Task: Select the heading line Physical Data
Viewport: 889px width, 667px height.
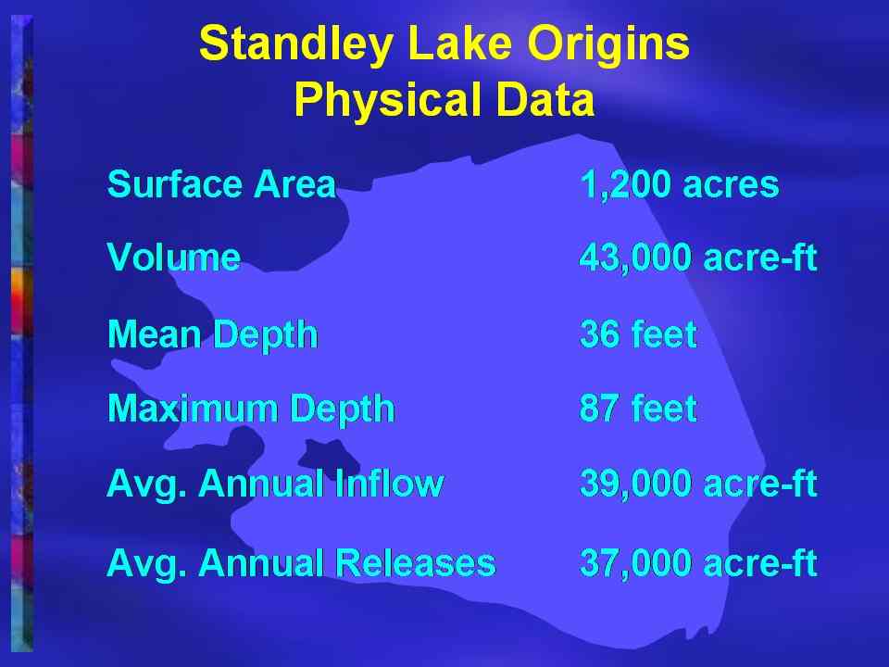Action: pos(444,99)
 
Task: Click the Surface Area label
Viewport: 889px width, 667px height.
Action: pos(221,184)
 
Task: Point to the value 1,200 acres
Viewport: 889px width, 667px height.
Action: pos(679,184)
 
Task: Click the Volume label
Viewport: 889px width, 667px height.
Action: pos(173,257)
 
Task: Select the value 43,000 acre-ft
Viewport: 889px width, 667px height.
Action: pos(698,257)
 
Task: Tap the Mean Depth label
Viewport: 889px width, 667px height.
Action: pos(213,334)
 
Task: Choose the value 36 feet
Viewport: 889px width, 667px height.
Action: pos(638,333)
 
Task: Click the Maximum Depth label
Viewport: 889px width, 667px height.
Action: pos(251,409)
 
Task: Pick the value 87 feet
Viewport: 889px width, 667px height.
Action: pos(638,408)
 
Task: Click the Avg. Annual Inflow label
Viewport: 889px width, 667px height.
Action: pos(275,484)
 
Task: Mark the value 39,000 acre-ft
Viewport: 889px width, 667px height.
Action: pos(698,484)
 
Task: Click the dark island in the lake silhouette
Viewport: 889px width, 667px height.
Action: pos(327,454)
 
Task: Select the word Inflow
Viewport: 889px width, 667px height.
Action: pos(389,484)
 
